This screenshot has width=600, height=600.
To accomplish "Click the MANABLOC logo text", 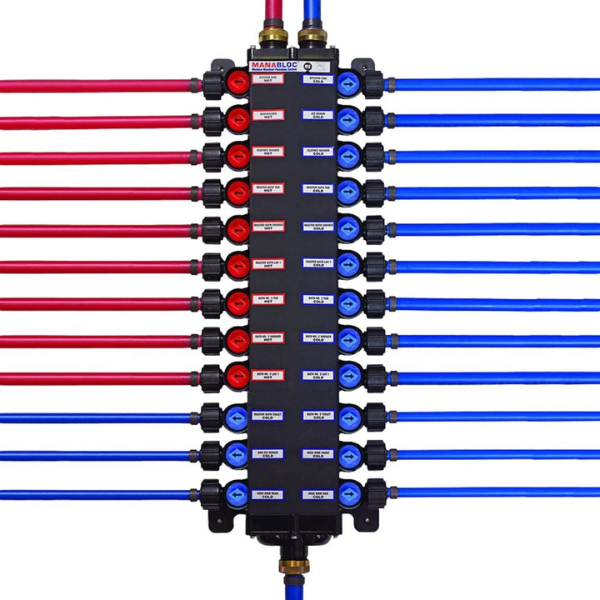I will [x=276, y=65].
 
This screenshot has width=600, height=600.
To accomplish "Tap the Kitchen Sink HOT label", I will [x=268, y=79].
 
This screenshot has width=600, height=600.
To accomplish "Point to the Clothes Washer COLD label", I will [x=318, y=152].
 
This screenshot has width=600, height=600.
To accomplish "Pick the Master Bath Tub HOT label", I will [x=268, y=189].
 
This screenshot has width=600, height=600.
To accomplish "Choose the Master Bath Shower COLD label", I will [x=318, y=226].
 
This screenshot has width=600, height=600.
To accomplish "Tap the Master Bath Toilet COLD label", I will [x=268, y=415].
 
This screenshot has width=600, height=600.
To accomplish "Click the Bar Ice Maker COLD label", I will [x=268, y=454].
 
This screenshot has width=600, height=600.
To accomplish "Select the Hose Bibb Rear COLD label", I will [x=268, y=494].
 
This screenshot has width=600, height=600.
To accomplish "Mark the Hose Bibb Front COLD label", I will [x=318, y=454].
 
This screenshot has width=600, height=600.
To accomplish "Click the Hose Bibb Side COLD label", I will [x=318, y=494].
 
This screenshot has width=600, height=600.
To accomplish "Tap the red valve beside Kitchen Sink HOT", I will [x=238, y=82].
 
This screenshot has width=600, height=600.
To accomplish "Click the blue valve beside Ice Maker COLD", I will [x=349, y=119].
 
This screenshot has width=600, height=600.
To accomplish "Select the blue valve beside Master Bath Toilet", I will [x=237, y=416].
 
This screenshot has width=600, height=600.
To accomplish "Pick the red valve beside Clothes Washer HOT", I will [x=238, y=156].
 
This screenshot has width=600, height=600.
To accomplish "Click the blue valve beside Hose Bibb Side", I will [x=349, y=492].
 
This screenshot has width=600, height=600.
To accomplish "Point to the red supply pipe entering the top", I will [x=272, y=12].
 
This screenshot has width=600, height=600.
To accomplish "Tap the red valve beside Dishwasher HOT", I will [x=238, y=119].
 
